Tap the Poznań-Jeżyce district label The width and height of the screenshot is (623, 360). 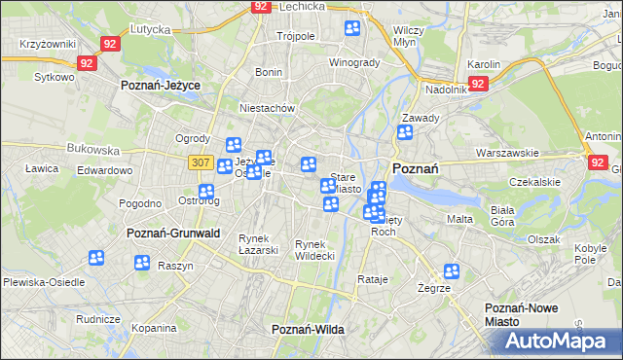161,86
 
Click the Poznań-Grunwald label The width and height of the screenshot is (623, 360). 173,234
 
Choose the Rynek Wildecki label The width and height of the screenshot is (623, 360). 315,249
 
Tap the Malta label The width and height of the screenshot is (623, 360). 459,219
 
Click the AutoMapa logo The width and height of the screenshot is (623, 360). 562,341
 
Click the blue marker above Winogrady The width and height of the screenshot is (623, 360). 352,29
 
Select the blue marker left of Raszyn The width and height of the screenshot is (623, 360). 142,262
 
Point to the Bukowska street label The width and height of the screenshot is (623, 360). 93,150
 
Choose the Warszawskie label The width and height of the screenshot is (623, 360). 507,153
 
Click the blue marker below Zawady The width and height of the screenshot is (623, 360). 405,132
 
